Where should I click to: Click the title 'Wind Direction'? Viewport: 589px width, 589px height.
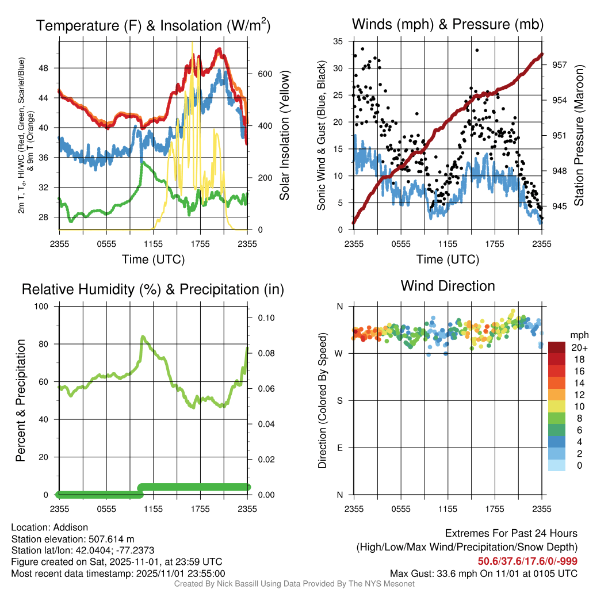pos(448,286)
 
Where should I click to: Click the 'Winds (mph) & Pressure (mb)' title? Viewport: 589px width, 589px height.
pos(448,25)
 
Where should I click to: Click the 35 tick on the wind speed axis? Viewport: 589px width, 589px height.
pos(338,41)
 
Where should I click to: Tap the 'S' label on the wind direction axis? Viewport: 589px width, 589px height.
pos(340,400)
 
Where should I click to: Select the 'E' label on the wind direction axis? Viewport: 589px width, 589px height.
pos(340,448)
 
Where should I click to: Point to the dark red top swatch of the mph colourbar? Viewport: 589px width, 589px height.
pos(557,347)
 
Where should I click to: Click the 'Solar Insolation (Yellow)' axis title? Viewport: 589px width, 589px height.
pos(285,135)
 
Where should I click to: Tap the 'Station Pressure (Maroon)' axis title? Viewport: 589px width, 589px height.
pos(579,135)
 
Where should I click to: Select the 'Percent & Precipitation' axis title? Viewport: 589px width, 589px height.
pos(20,400)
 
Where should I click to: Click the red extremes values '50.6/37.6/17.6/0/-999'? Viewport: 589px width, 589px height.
pos(527,561)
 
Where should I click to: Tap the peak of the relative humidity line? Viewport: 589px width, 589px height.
pos(143,336)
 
